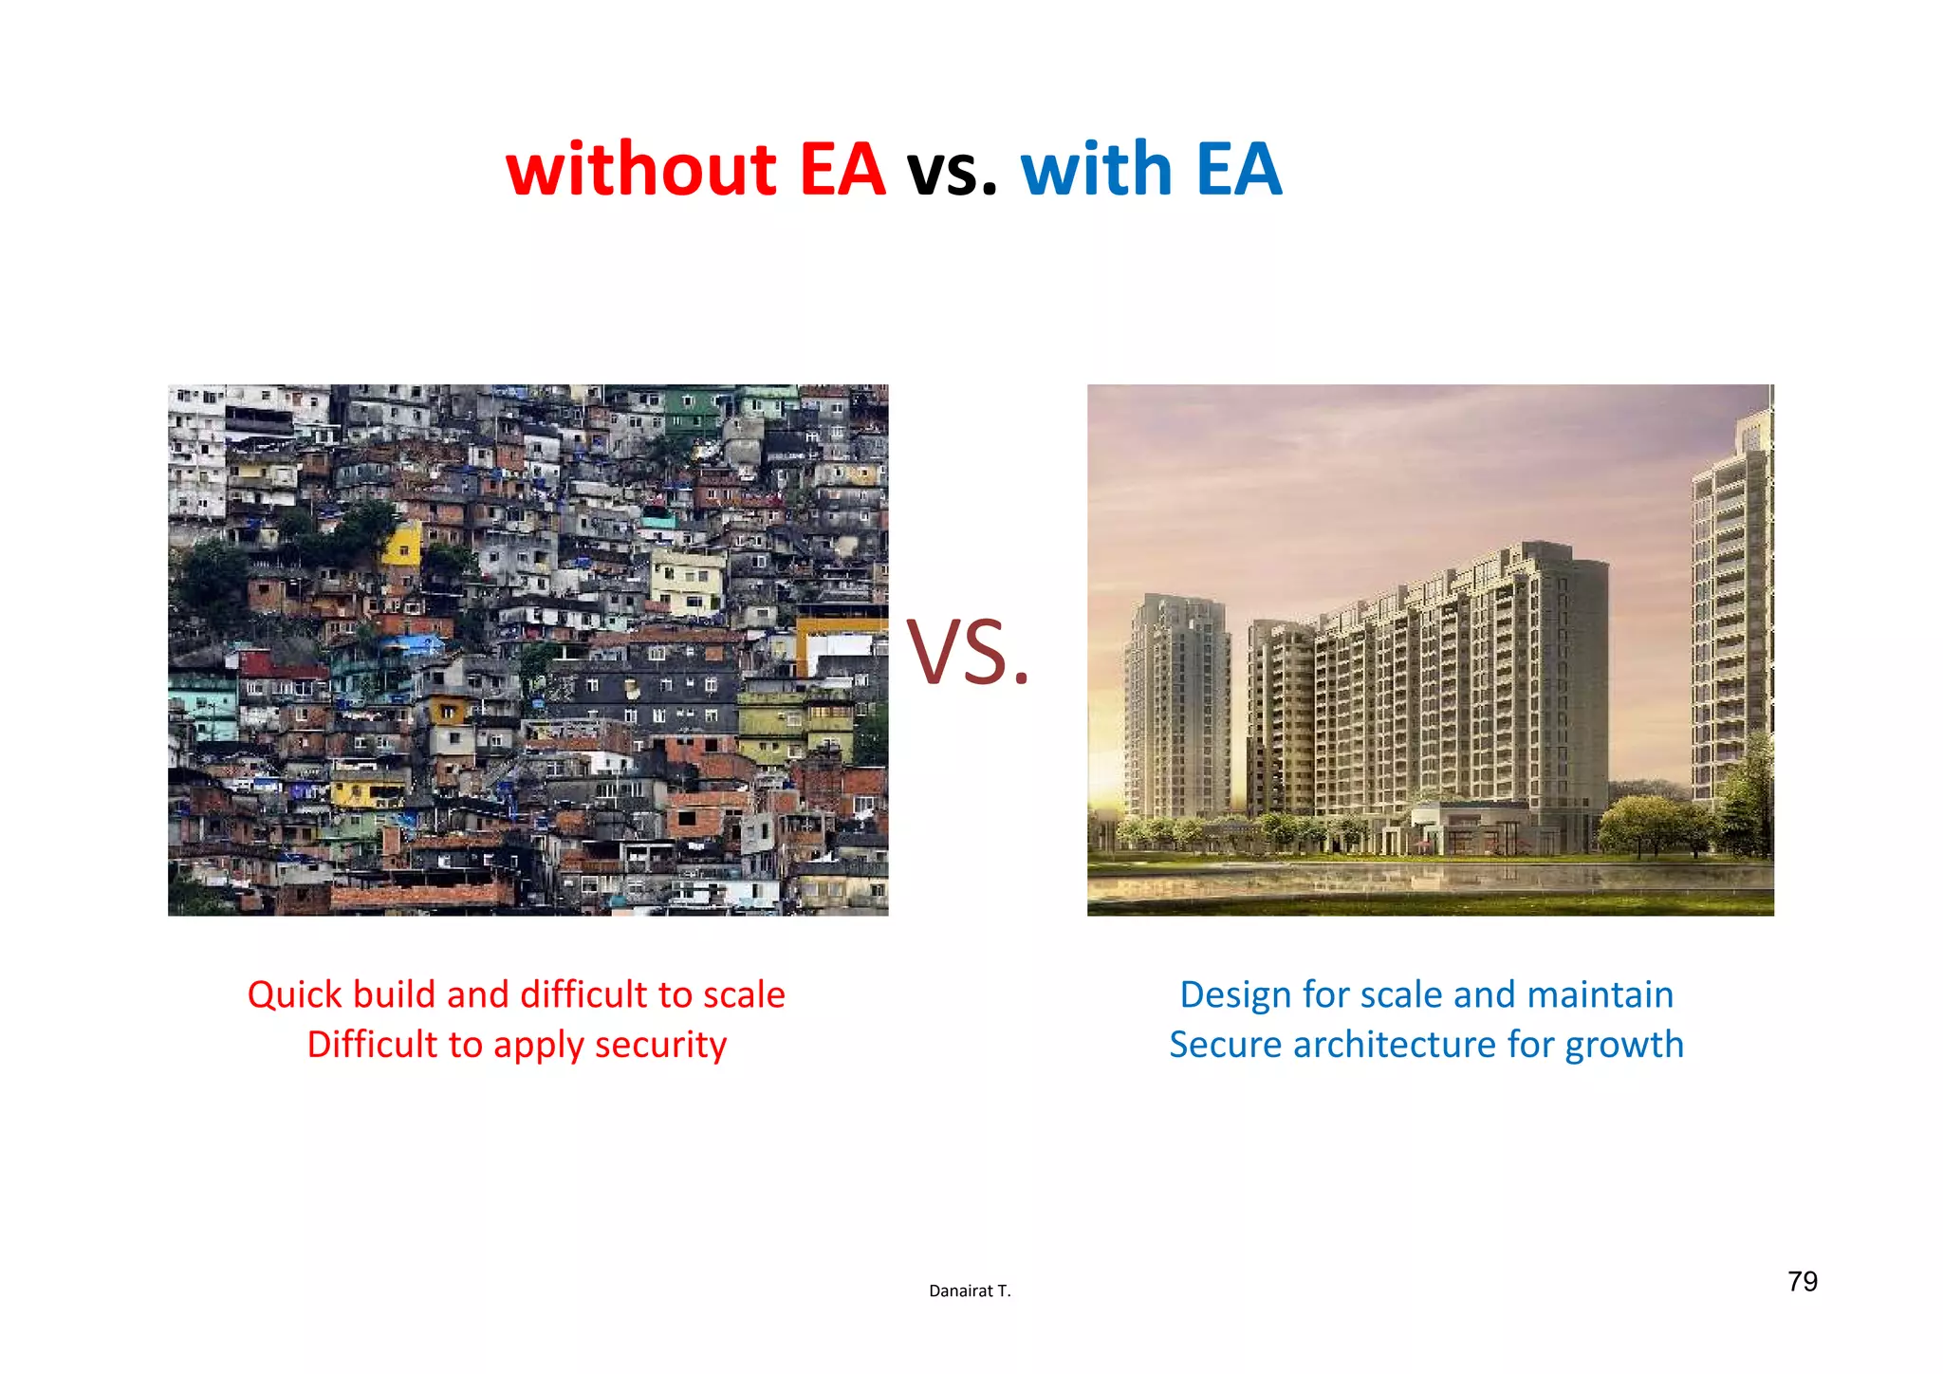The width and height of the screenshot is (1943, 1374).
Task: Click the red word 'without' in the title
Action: tap(641, 169)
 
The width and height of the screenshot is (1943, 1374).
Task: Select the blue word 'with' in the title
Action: tap(1097, 169)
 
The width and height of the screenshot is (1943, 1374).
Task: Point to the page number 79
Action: tap(1802, 1282)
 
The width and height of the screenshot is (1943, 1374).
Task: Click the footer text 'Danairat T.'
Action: tap(970, 1290)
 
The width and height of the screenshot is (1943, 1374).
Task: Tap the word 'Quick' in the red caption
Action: tap(294, 994)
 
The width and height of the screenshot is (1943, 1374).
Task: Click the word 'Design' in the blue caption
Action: tap(1235, 994)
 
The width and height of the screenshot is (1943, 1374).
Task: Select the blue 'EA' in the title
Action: tap(1239, 169)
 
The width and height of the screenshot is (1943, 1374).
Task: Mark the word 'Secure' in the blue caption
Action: tap(1225, 1045)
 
